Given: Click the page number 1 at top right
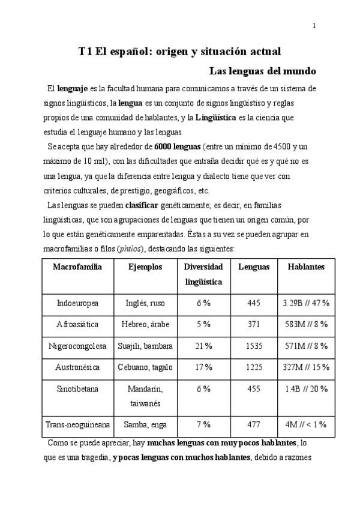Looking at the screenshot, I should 314,25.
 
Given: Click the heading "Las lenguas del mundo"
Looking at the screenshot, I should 262,71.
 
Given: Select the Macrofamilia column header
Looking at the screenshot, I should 77,267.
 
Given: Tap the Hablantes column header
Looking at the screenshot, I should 305,267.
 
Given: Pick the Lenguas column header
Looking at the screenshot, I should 254,267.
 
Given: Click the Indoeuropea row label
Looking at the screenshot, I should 77,303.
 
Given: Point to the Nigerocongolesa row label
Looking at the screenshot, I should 77,345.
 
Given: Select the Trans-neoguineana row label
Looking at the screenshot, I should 77,424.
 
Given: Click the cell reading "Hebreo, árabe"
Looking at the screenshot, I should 145,324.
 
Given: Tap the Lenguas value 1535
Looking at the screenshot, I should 254,345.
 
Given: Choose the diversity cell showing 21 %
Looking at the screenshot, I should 204,345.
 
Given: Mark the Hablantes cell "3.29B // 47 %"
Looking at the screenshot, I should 305,303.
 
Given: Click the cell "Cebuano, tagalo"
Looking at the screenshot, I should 145,366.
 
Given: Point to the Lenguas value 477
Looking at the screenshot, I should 254,424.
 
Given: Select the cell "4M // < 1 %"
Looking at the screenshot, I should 305,424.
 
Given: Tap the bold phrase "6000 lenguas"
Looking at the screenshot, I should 177,146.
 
